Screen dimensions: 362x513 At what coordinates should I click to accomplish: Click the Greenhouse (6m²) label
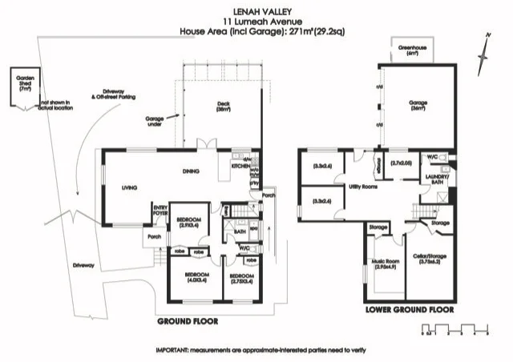(x=413, y=51)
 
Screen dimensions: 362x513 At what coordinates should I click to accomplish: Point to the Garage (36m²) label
(x=419, y=104)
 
